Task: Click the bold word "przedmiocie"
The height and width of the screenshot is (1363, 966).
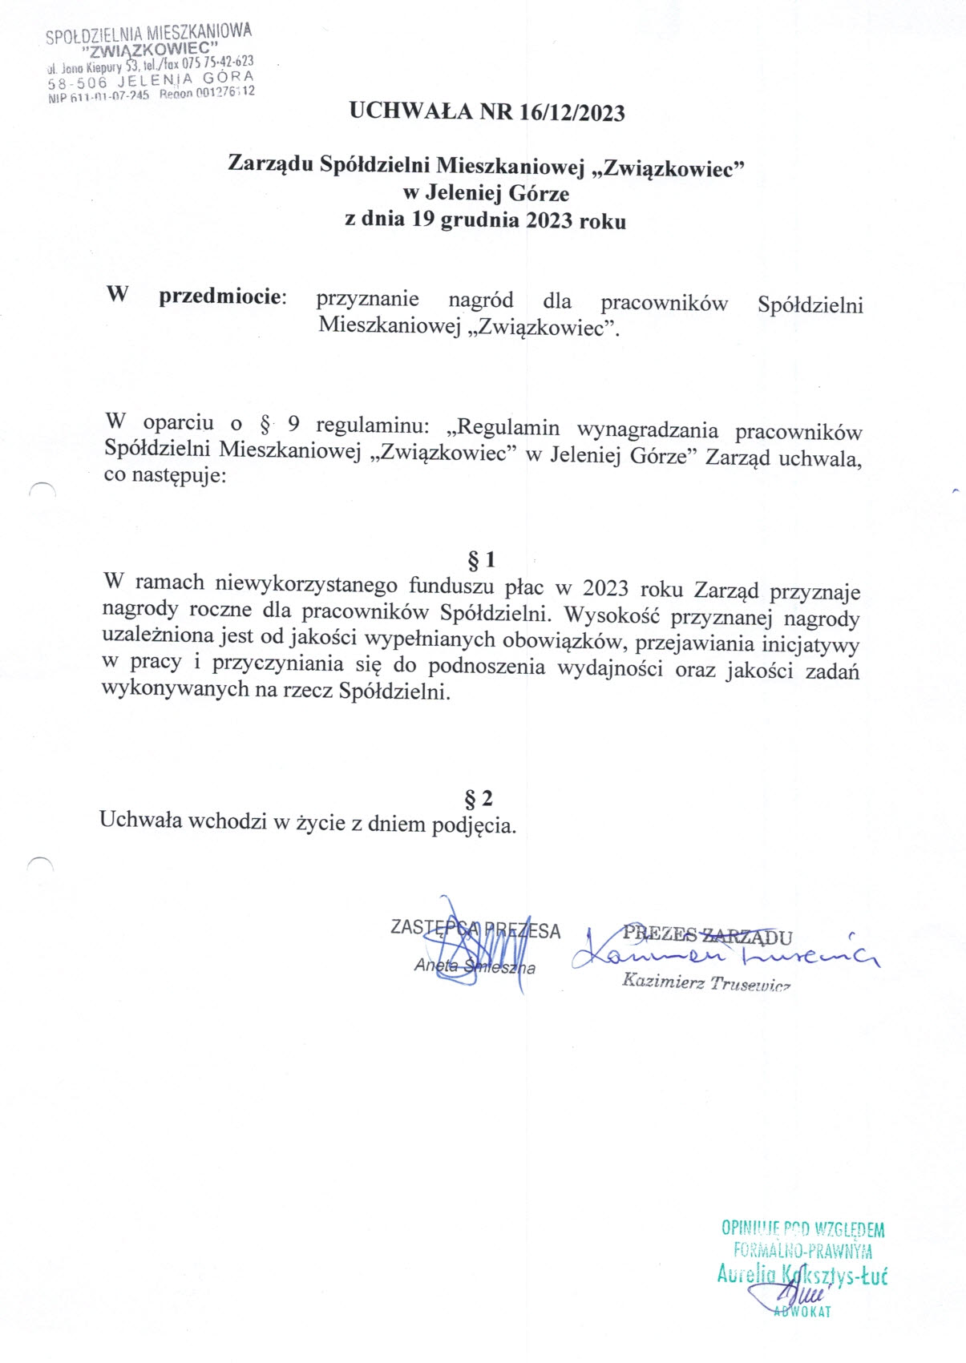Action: point(221,296)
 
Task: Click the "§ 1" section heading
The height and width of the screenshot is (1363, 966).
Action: point(481,559)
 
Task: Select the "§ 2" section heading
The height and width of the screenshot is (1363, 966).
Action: point(479,798)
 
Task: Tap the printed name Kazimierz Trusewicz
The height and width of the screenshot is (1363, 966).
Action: point(706,982)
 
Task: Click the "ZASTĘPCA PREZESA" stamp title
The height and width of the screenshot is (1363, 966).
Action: point(475,930)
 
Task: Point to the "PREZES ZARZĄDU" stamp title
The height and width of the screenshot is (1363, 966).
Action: point(707,935)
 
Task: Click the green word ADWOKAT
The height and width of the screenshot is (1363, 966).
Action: point(802,1312)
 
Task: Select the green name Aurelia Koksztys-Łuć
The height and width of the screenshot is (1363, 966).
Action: point(802,1276)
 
